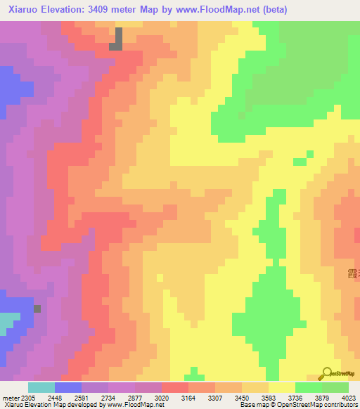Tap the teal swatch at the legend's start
[41, 387]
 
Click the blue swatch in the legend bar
[68, 387]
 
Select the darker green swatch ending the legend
[335, 387]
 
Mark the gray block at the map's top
[117, 39]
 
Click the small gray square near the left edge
[37, 309]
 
